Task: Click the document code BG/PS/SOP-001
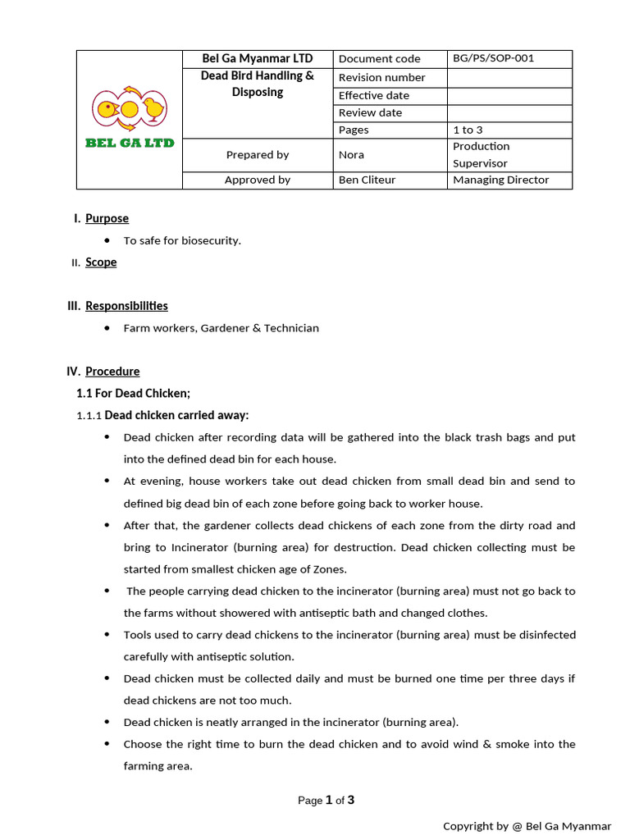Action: coord(493,58)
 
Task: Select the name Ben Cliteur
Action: coord(367,180)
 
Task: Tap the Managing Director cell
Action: coord(500,180)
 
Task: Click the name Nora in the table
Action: coord(351,154)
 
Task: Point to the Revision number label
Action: coord(381,77)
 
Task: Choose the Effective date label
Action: coord(373,95)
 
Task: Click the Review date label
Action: coord(370,112)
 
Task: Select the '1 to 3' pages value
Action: coord(468,130)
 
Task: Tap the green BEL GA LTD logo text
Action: coord(130,143)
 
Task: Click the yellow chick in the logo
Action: coord(153,107)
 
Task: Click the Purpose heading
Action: coord(107,218)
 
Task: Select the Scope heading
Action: coord(101,262)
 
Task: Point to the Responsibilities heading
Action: coord(126,306)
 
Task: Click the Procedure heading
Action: coord(112,372)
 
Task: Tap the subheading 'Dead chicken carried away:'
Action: coord(176,415)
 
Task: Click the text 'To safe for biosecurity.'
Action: coord(182,240)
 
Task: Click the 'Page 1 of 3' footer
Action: coord(326,801)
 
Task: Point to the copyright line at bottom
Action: coord(527,825)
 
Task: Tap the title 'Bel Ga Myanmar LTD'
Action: coord(258,58)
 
